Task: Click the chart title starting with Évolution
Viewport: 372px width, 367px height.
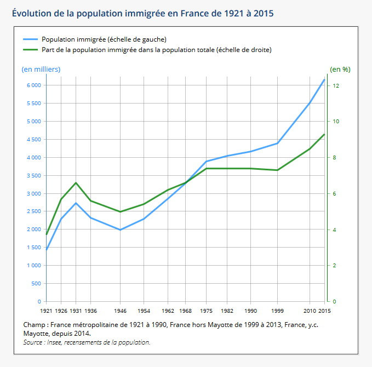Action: [x=142, y=12]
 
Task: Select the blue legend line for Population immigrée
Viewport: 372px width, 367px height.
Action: [x=30, y=39]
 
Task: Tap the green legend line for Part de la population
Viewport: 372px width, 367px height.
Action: [x=30, y=50]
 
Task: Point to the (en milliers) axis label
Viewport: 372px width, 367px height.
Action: [x=41, y=69]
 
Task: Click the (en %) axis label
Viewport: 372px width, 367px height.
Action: [x=340, y=69]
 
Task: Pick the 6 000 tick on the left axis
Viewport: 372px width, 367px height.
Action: [x=33, y=85]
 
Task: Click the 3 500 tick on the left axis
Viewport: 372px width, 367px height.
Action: [x=33, y=176]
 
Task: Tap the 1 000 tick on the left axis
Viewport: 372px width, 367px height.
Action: [x=33, y=266]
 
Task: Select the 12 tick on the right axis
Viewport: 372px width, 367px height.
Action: [x=335, y=85]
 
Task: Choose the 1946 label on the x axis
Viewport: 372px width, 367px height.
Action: [x=120, y=311]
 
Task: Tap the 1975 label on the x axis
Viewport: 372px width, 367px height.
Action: [x=206, y=311]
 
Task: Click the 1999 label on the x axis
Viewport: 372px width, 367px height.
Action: [x=277, y=311]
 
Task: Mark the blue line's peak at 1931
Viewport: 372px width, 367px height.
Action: [x=76, y=203]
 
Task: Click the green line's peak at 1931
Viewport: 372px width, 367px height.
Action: [x=76, y=182]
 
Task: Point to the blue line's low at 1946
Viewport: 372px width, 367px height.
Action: [x=120, y=230]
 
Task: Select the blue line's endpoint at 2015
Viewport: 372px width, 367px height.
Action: [x=324, y=80]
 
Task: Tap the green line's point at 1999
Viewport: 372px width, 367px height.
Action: [x=277, y=170]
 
